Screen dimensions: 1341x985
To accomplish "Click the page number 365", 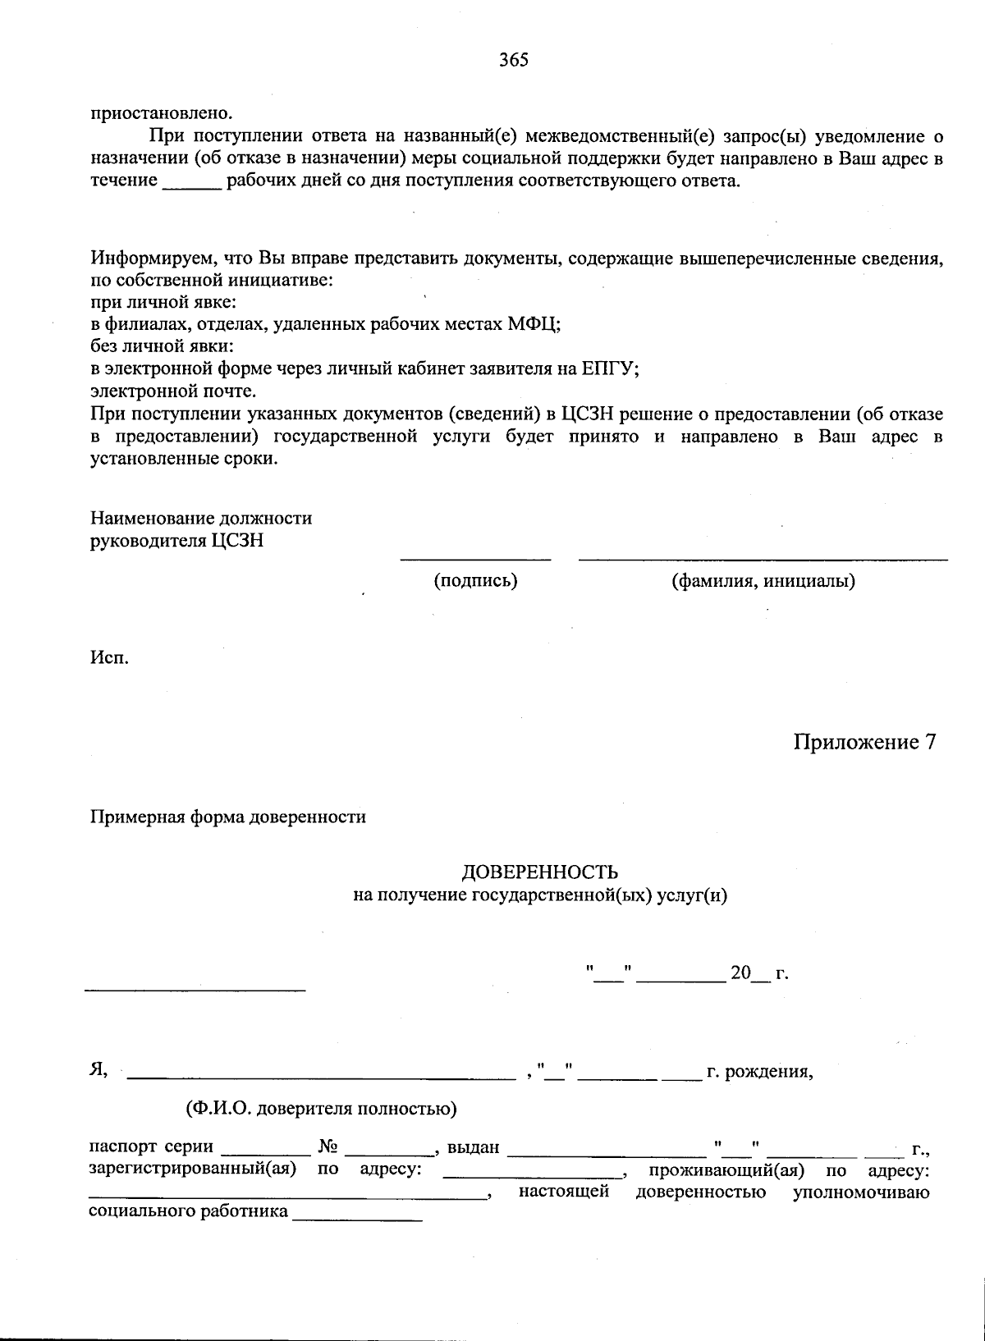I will click(x=514, y=60).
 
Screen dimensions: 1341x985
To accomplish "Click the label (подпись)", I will click(x=475, y=581).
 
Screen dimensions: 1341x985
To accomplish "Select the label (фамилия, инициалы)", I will click(x=763, y=581).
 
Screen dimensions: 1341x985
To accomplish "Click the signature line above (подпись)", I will click(x=475, y=560).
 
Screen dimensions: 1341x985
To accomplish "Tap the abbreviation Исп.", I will click(x=109, y=657).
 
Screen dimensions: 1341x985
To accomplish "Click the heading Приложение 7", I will click(x=864, y=742).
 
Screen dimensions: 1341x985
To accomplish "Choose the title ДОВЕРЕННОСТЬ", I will click(x=540, y=872).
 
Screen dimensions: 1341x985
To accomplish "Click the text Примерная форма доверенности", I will click(x=228, y=817).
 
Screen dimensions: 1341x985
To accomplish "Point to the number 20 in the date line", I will click(x=740, y=973).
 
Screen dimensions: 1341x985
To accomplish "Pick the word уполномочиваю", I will click(x=860, y=1192).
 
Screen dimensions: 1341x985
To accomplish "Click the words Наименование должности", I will click(x=201, y=519).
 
